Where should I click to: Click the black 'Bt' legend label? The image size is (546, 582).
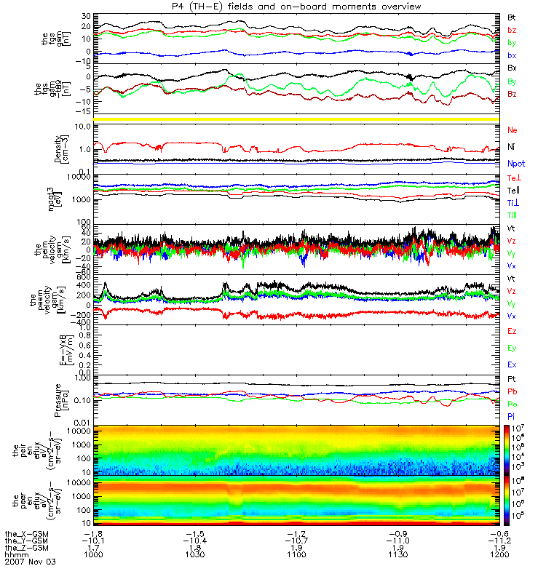click(x=512, y=16)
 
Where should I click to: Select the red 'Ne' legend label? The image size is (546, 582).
click(x=513, y=129)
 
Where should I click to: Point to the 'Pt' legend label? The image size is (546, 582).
click(x=512, y=380)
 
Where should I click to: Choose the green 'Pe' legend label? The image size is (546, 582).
click(x=512, y=403)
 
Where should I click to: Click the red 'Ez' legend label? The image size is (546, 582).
click(x=512, y=331)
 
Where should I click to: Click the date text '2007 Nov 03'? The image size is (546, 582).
click(x=29, y=562)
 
